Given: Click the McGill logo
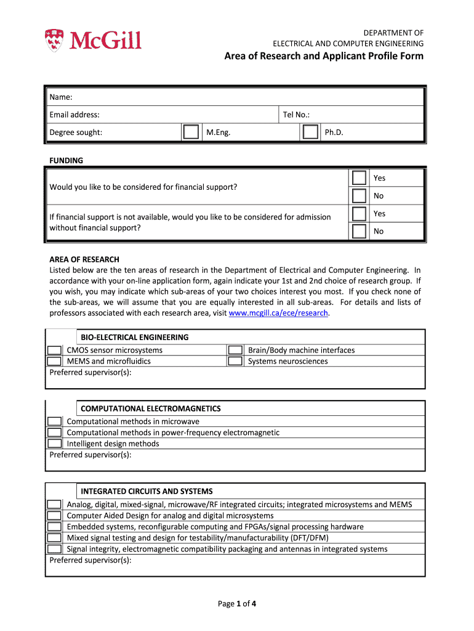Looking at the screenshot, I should (94, 40).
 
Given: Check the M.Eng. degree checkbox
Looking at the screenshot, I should (191, 132).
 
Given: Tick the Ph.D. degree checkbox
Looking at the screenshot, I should (311, 132).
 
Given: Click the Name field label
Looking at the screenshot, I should (61, 97).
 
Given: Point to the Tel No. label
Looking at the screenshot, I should (296, 115).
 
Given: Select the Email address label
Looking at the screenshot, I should (74, 115).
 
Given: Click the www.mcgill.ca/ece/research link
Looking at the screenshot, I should (278, 313).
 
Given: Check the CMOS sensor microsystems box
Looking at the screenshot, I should (55, 351).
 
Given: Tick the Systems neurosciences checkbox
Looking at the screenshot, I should (235, 362).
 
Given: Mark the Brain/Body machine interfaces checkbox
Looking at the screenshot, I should (235, 351).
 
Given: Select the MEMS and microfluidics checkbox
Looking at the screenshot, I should (55, 362).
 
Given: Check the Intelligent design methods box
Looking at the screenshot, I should (55, 444).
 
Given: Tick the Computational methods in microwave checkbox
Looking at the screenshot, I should (55, 421).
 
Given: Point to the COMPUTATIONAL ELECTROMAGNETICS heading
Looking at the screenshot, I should (151, 409).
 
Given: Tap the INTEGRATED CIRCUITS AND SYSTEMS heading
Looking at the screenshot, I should (147, 491).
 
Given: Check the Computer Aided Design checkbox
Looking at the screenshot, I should (55, 516).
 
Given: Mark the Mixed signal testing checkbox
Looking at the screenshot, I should (55, 538).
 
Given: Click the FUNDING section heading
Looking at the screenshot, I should (66, 161).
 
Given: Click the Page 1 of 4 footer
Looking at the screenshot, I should (237, 604).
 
